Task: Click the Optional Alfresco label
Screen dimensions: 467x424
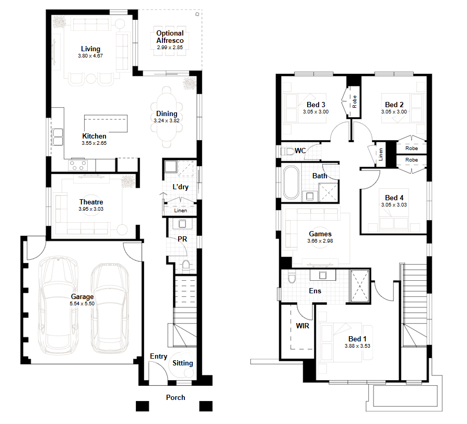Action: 170,37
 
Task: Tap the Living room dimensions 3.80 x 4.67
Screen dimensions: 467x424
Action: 90,56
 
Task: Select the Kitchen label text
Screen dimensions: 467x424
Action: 94,136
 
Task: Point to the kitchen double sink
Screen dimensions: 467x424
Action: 58,137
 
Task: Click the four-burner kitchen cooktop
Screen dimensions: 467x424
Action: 78,165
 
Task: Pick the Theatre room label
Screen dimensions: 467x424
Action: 91,202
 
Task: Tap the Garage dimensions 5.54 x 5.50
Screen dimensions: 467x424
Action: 82,304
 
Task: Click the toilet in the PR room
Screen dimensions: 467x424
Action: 186,266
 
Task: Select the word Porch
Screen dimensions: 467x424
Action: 176,397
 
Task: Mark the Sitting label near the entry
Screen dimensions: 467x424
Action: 183,363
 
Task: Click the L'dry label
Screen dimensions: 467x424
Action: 181,187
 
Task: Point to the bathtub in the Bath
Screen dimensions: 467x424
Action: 291,183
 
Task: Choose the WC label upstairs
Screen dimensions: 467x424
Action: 300,151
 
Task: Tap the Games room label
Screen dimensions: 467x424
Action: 320,234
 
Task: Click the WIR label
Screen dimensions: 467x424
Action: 302,326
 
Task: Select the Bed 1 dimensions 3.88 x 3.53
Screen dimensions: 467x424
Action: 357,346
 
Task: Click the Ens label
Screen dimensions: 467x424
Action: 315,291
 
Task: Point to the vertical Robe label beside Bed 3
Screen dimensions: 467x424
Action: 354,101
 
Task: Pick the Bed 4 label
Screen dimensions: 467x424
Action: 394,198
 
